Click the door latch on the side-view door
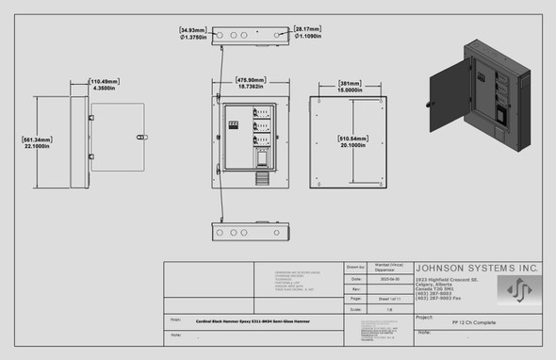click(x=143, y=136)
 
